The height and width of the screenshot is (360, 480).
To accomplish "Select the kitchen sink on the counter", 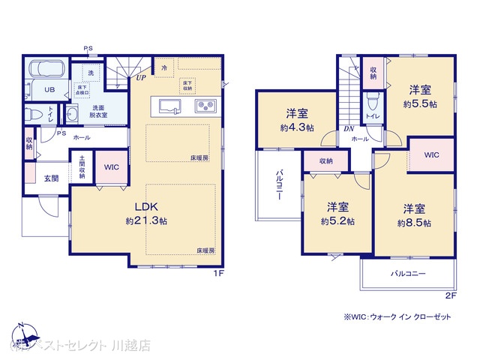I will point(171,105).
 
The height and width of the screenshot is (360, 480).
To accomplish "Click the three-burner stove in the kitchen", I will point(205,106).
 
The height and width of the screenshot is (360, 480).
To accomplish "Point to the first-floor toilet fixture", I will point(32,115).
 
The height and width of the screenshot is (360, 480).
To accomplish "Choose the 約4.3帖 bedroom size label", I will point(296,127).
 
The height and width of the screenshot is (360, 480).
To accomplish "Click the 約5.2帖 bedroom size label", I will point(337,222).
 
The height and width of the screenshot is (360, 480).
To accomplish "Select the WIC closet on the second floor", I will point(431,154).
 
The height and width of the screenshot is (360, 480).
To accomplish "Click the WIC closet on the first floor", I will point(112,167).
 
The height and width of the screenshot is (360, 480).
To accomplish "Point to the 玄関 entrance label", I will point(52,178).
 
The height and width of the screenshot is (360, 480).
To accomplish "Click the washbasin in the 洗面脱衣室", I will point(73,115).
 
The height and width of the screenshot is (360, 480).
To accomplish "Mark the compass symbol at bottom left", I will point(23,333).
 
